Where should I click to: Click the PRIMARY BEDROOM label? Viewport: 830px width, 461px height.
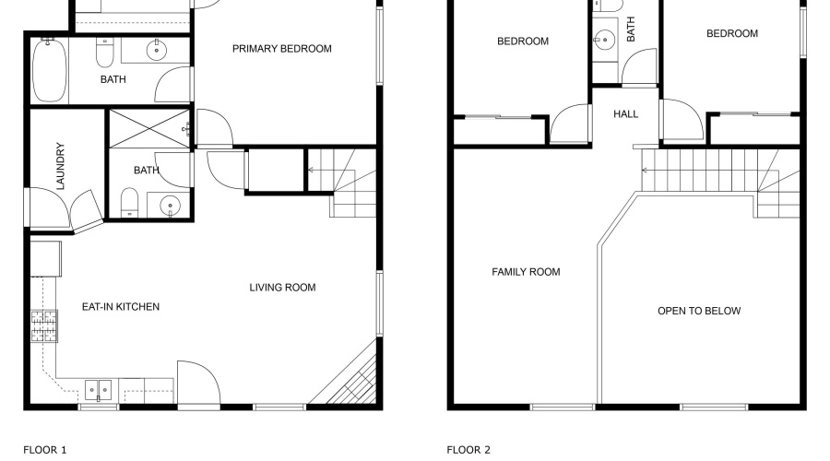[281, 49]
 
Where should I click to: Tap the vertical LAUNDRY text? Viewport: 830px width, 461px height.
[61, 166]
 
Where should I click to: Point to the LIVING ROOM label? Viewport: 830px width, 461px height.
[282, 288]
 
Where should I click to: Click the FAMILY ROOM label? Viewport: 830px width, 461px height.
[526, 272]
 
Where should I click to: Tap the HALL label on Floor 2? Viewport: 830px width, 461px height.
[626, 114]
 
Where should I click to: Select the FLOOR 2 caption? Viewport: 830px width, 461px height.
[468, 450]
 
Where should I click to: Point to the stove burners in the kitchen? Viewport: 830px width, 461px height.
[42, 325]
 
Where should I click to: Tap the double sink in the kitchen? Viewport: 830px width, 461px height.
[99, 390]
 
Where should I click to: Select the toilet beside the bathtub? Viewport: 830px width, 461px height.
[105, 58]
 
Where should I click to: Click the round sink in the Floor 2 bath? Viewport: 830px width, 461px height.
[605, 40]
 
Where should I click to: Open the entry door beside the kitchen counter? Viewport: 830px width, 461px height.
[196, 383]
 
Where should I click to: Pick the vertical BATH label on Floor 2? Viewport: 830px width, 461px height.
[632, 32]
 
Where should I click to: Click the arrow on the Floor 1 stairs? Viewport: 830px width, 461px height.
[312, 170]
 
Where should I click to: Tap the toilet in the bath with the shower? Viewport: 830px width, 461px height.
[130, 203]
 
